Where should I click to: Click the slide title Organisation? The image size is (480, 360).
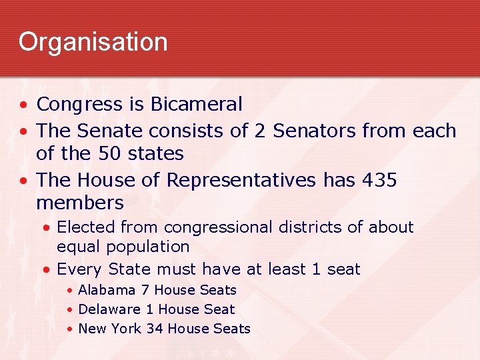click(93, 42)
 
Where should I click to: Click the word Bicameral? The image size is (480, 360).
click(197, 105)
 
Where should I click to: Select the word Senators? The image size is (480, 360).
click(307, 130)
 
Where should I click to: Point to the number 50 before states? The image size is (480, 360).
click(109, 153)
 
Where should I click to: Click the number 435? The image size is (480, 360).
click(377, 180)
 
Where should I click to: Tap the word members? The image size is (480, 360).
click(80, 203)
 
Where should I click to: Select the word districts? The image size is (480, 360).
click(311, 227)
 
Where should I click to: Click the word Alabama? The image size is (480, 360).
click(107, 290)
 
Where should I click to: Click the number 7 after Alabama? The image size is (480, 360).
click(145, 290)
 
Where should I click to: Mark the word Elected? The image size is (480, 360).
click(85, 227)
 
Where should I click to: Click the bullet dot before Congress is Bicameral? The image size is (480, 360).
click(23, 105)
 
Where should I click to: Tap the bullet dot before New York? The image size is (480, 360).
click(69, 329)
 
